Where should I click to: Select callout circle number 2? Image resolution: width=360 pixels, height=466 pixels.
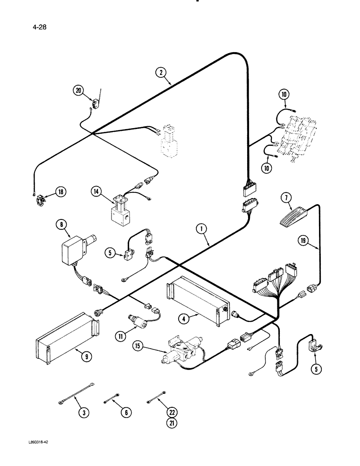pos(161,72)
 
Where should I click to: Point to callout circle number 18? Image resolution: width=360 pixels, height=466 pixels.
pos(61,191)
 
